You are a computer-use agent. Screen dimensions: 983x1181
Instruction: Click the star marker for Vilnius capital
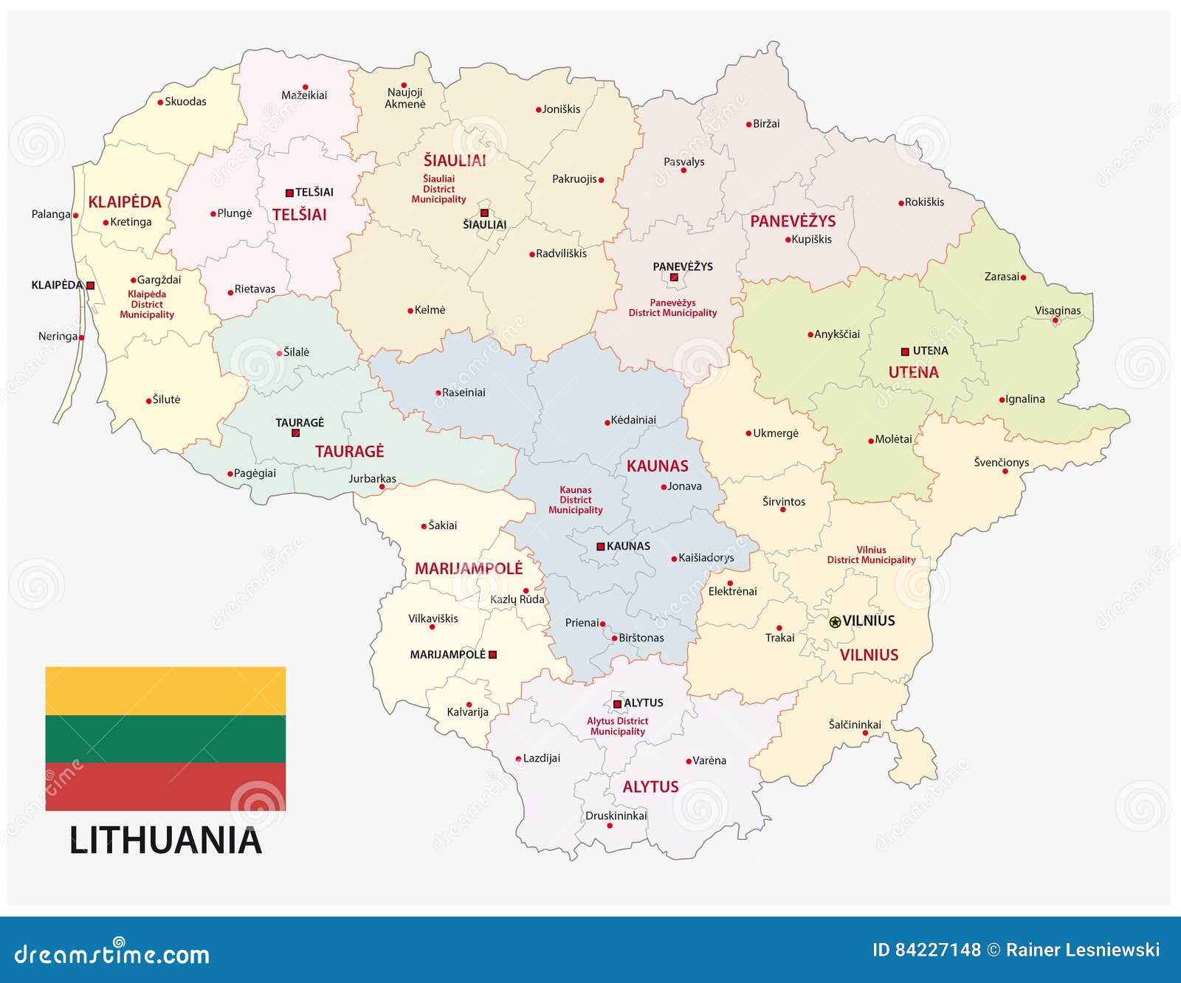pos(835,622)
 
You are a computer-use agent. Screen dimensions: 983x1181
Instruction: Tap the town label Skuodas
pos(185,102)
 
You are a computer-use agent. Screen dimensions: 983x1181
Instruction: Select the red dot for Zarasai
pos(1023,277)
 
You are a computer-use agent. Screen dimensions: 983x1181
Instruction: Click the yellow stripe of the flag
pos(165,691)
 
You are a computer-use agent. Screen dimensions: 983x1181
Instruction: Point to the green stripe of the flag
pos(165,739)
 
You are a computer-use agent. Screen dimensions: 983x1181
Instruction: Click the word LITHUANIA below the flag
pos(165,841)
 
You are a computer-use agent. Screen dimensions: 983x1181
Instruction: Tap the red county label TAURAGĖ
pos(349,452)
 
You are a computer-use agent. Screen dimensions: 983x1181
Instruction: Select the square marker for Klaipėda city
pos(91,285)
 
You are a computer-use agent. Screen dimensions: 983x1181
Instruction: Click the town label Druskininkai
pos(616,815)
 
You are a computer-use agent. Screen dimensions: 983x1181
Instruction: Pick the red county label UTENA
pos(913,373)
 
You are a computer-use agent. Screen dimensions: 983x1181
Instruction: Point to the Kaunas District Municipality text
pos(575,500)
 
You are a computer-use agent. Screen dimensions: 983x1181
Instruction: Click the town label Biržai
pos(766,124)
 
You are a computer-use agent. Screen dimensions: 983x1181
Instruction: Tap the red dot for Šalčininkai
pos(865,733)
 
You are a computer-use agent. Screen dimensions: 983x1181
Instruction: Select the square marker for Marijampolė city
pos(493,655)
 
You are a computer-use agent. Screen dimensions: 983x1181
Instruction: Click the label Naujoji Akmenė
pos(405,98)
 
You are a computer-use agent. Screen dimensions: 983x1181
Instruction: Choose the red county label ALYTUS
pos(650,787)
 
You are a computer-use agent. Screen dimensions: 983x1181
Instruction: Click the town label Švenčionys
pos(1001,463)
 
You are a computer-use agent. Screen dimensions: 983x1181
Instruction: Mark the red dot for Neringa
pos(81,337)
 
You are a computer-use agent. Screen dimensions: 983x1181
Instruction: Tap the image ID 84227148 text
pos(926,950)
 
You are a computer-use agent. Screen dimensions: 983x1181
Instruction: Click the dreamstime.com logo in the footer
pos(112,953)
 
